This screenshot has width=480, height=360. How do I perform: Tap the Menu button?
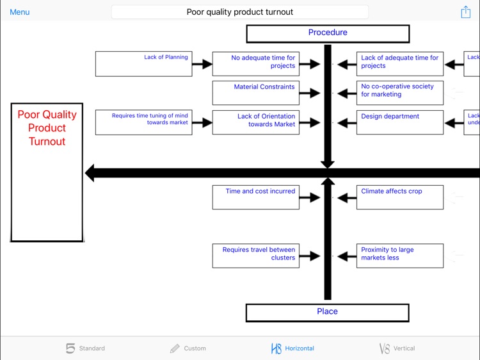tap(20, 12)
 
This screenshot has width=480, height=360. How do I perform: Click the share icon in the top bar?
tap(465, 12)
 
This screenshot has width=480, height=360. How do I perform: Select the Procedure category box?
tap(328, 33)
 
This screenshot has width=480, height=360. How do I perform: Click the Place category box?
tap(327, 312)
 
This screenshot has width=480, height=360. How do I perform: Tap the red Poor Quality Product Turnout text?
tap(47, 127)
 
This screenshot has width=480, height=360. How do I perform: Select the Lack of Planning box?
tap(143, 64)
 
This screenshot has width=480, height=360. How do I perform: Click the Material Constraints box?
tap(255, 93)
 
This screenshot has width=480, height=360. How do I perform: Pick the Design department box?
tap(399, 122)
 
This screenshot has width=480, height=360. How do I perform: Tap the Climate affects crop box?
tap(399, 197)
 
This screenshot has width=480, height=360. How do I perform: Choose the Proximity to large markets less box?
tap(399, 256)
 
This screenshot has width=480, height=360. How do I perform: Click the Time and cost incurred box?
tap(255, 197)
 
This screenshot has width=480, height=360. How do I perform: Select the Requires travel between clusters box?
tap(255, 256)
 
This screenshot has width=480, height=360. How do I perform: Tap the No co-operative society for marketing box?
tap(399, 93)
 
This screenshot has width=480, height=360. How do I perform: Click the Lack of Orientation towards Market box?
tap(255, 122)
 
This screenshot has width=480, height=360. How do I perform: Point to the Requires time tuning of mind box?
tap(143, 122)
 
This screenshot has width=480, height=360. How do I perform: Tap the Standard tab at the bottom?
tap(85, 348)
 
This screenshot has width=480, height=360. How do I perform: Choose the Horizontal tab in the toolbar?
tap(292, 348)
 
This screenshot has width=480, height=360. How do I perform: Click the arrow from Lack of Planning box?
tap(202, 64)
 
